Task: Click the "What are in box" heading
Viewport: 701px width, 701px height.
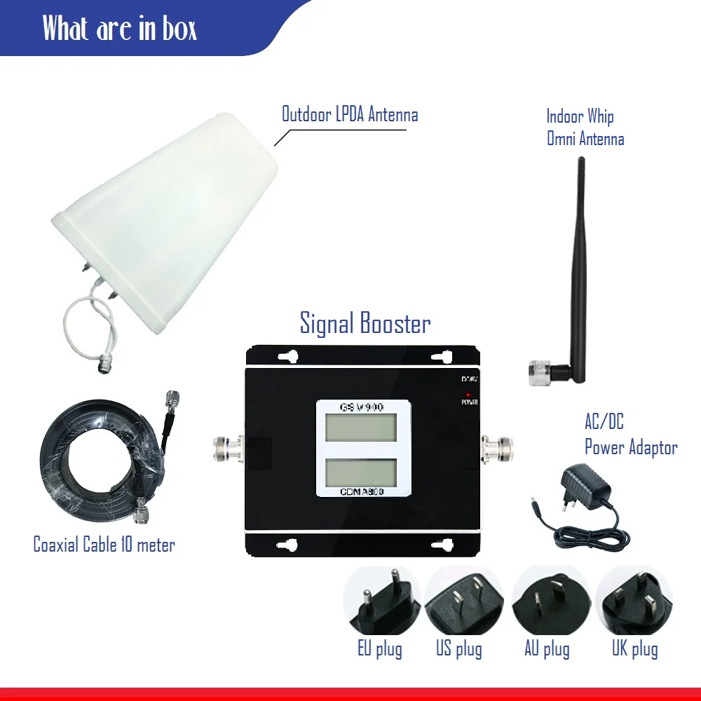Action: (x=119, y=28)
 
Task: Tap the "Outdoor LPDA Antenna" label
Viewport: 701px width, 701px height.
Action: (x=350, y=114)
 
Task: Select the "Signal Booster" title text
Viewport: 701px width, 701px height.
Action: (x=365, y=323)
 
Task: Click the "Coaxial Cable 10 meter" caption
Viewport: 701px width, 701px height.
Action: (x=104, y=544)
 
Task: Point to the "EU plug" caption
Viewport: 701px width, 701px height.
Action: (x=380, y=648)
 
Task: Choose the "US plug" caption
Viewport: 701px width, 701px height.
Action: (x=459, y=648)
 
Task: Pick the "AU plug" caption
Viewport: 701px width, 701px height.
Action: (x=547, y=648)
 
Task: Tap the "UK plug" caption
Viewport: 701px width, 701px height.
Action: (x=634, y=648)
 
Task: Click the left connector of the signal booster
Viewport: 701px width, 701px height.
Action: (x=228, y=449)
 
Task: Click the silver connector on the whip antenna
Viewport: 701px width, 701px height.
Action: (x=541, y=369)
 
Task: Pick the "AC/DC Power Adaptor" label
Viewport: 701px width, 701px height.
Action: (x=630, y=435)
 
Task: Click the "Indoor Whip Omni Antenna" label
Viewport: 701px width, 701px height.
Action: (x=585, y=127)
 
